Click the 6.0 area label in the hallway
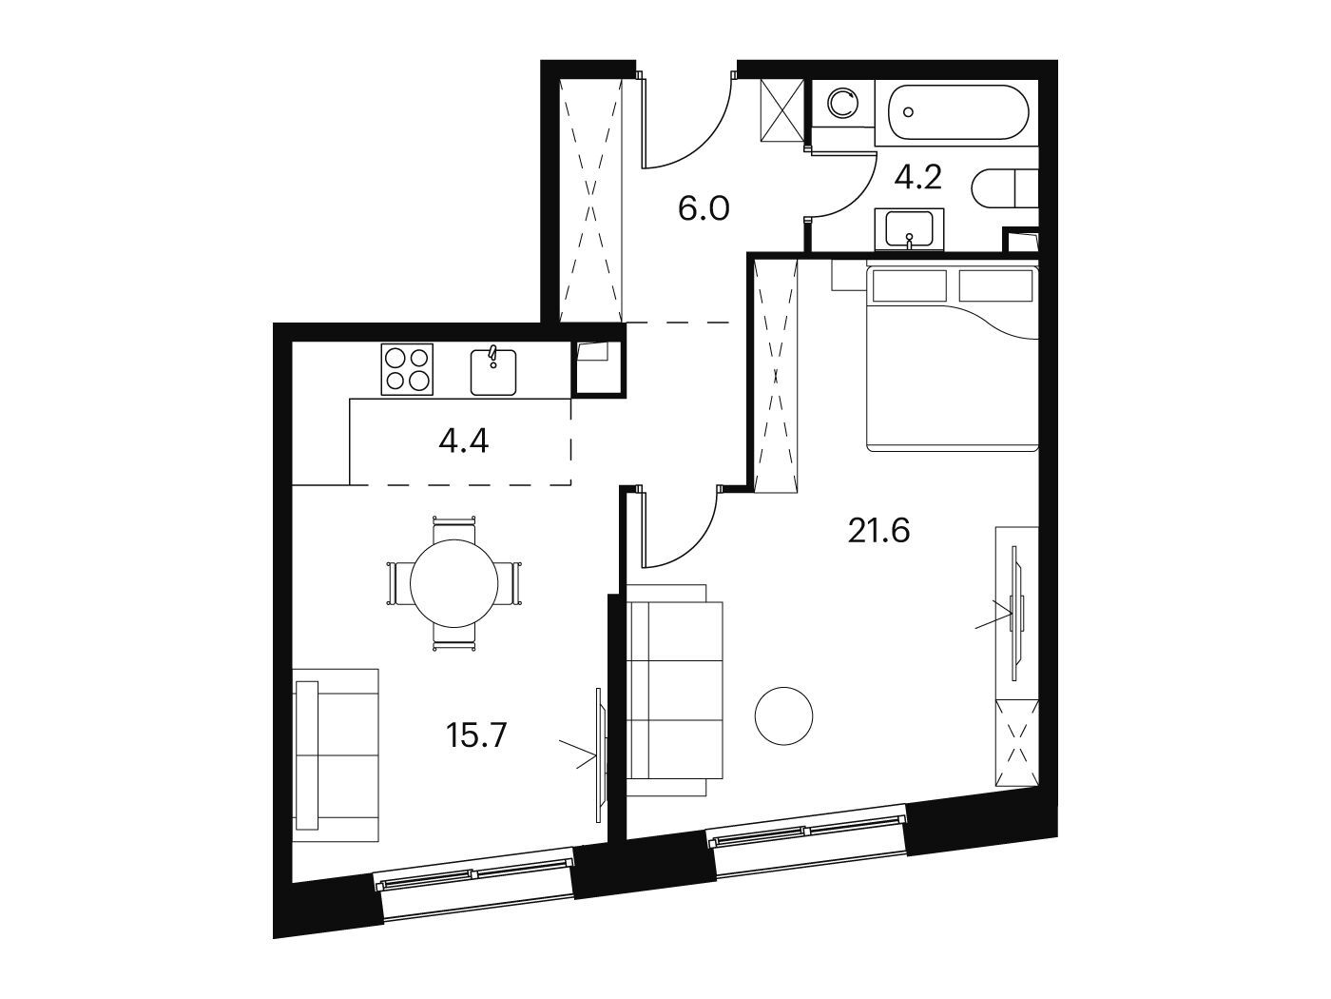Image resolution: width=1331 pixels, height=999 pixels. coord(704,209)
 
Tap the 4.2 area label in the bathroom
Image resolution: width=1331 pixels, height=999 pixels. coord(918,178)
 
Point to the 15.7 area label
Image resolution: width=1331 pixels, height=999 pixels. coord(476,735)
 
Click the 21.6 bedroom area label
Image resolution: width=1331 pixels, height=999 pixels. coord(878,531)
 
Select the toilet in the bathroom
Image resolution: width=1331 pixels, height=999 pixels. coord(1005,188)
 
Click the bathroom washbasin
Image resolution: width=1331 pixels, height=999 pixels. coord(909,228)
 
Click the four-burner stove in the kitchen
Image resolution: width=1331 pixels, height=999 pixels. coord(407,369)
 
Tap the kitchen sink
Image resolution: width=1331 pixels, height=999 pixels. coord(493,371)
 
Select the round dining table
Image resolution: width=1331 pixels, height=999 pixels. coord(454,583)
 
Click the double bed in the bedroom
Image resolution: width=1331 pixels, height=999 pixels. coord(952,356)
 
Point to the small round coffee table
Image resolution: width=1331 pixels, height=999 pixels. coord(783,715)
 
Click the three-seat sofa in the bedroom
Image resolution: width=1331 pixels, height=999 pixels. coord(674,690)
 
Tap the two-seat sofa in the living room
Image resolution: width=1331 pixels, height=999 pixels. coord(336,755)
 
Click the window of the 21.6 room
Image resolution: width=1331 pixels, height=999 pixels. coord(806,837)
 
